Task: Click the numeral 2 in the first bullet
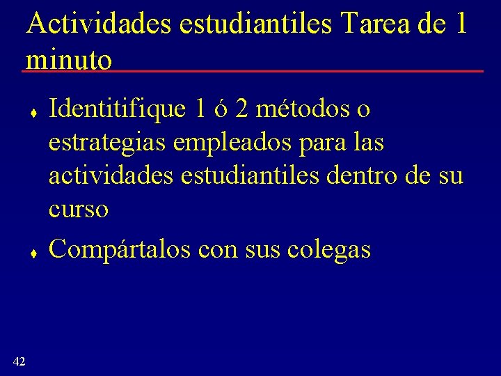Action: [241, 109]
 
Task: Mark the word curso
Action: [78, 210]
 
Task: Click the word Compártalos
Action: [120, 250]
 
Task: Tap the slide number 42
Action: [19, 361]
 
